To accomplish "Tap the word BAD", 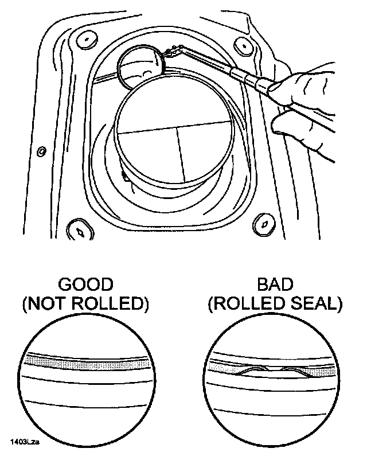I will pos(275,284).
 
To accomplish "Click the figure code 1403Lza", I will pos(26,442).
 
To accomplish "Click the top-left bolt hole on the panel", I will pos(87,40).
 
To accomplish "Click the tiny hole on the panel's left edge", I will pos(41,151).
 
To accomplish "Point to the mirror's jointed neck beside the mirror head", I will pos(171,53).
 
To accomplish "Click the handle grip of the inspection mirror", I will pos(252,80).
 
